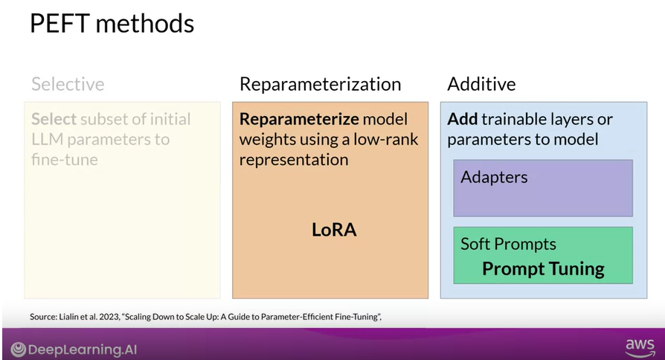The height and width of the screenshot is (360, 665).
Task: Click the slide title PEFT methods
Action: click(x=112, y=23)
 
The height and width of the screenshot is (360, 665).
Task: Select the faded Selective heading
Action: click(x=68, y=84)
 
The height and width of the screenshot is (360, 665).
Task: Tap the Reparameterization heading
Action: click(x=320, y=84)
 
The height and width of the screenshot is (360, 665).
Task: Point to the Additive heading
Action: click(x=481, y=84)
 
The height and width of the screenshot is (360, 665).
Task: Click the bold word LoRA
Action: click(x=334, y=230)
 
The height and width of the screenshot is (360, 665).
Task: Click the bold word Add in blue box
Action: click(x=462, y=119)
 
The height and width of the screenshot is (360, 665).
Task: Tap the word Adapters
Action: click(x=494, y=177)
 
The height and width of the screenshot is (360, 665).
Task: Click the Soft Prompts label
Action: click(x=508, y=244)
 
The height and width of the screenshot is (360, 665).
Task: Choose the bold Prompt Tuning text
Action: click(x=543, y=269)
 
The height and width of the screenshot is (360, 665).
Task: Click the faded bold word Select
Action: click(x=53, y=119)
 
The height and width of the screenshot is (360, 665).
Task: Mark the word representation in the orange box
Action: click(x=294, y=159)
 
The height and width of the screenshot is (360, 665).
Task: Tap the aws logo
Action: click(x=639, y=347)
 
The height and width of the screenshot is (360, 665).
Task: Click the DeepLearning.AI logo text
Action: click(x=82, y=350)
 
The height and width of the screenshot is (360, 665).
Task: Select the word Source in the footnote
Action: click(x=43, y=317)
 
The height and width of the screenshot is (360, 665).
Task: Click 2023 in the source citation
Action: click(x=109, y=317)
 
